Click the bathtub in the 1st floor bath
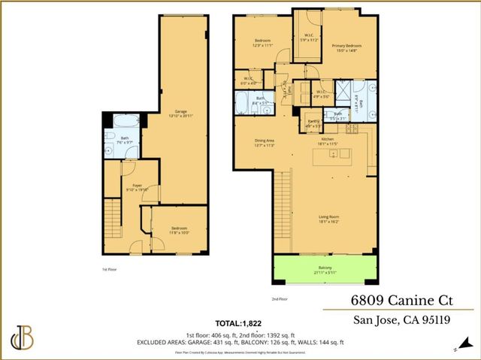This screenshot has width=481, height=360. (123, 120)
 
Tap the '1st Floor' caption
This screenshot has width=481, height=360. (110, 268)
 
